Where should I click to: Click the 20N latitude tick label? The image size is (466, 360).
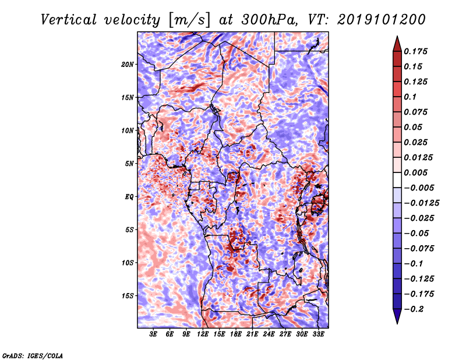pos(128,65)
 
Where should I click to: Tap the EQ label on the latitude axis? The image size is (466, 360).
pos(129,197)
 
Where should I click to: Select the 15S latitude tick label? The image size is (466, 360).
pos(128,296)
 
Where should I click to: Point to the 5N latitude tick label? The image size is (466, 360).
pos(129,164)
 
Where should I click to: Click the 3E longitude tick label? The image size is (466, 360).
pos(153,334)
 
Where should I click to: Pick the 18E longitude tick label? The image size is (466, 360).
pos(236,334)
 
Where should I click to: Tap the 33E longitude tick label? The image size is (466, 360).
pos(318,334)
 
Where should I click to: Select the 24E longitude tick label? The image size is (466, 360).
pos(269,334)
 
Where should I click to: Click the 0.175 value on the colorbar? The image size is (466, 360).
pos(415,51)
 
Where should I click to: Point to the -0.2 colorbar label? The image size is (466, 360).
pos(414,309)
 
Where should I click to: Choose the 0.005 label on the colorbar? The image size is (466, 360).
pos(415,172)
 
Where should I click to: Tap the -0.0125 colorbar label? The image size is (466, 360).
pos(421,203)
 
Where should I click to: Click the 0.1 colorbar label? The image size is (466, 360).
pos(410,97)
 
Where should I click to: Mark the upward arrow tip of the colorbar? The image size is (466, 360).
pos(397,36)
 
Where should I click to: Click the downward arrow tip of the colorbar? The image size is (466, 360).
pos(397,323)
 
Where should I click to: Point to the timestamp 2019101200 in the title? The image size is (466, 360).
pos(382,20)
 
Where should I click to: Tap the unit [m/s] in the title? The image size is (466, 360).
pos(189,20)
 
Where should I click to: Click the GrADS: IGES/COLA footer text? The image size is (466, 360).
pos(33,356)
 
